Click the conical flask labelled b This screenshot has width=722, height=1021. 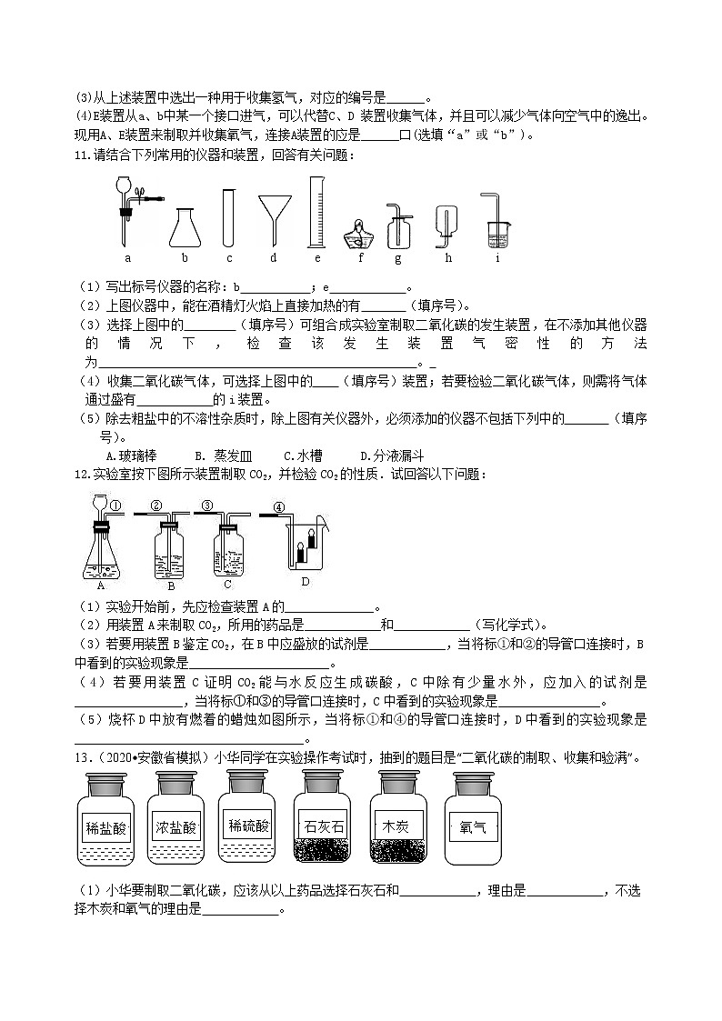[x=185, y=228]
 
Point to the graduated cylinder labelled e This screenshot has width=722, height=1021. [x=317, y=212]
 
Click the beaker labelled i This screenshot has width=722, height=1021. [x=497, y=234]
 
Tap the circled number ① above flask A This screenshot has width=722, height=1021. [x=115, y=505]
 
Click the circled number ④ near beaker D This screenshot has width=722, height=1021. [x=279, y=507]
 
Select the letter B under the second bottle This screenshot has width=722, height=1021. [x=171, y=586]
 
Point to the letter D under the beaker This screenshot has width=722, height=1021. [x=306, y=581]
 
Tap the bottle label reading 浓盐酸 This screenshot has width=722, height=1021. [x=177, y=827]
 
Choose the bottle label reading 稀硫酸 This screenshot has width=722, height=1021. [x=248, y=826]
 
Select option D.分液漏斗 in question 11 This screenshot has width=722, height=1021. [x=392, y=455]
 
